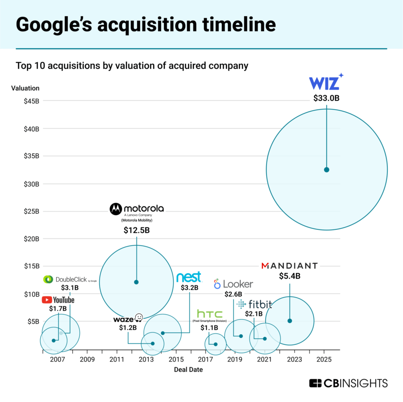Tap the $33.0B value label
click(326, 98)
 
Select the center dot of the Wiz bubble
click(327, 169)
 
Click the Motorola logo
click(136, 209)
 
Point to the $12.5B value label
click(136, 231)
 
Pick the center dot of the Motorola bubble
click(136, 282)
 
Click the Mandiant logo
click(289, 266)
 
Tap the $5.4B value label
click(289, 276)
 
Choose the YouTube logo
click(58, 300)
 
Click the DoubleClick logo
click(70, 279)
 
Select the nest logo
click(189, 277)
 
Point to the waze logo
click(128, 319)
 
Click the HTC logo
click(210, 314)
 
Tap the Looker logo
click(233, 284)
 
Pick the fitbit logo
click(254, 304)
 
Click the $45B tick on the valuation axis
click(32, 101)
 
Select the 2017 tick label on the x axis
click(205, 359)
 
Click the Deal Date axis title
click(188, 369)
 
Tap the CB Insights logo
click(348, 383)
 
